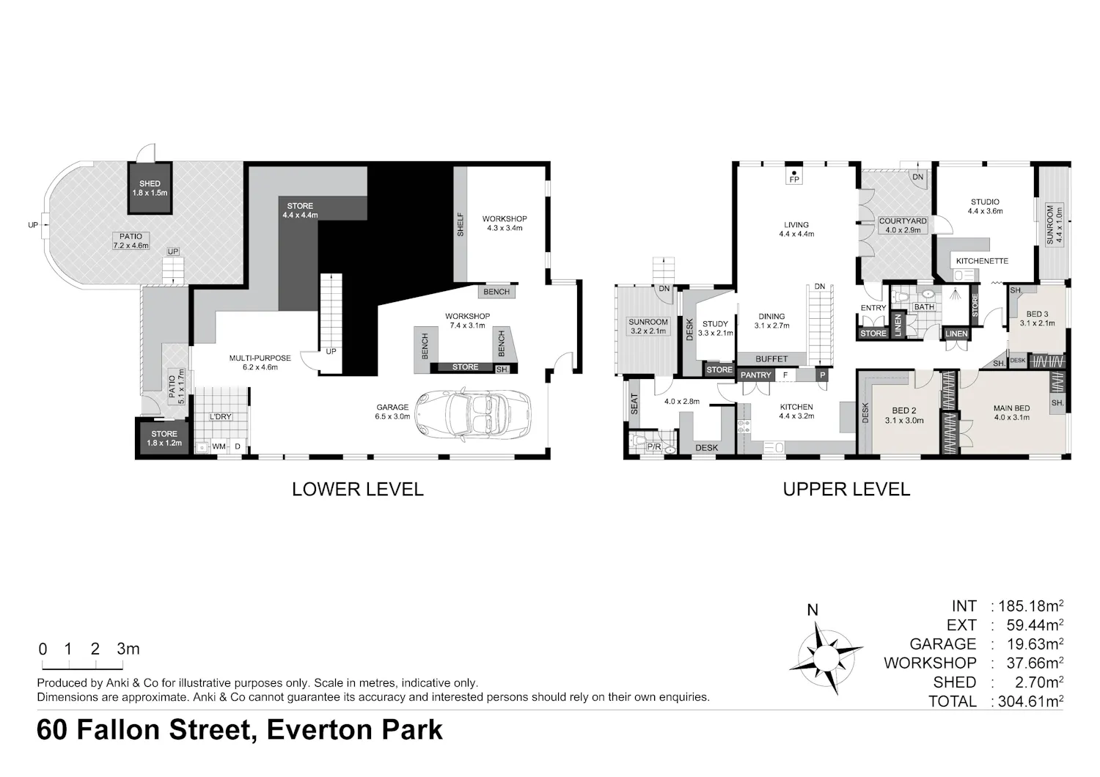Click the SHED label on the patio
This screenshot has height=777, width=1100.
pyautogui.click(x=150, y=183)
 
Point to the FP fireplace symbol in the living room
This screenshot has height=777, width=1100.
pyautogui.click(x=794, y=177)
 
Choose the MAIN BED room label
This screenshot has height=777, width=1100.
pyautogui.click(x=1011, y=408)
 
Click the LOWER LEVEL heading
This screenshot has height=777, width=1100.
pyautogui.click(x=358, y=490)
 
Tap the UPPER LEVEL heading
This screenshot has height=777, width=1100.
pyautogui.click(x=846, y=490)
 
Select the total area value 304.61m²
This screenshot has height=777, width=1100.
pyautogui.click(x=1030, y=701)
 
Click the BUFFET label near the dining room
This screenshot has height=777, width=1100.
pyautogui.click(x=771, y=359)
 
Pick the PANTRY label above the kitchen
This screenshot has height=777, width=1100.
pyautogui.click(x=756, y=375)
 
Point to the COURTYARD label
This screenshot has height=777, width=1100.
pyautogui.click(x=903, y=221)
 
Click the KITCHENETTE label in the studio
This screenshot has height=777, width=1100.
pyautogui.click(x=982, y=261)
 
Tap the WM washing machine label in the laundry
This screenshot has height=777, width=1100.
pyautogui.click(x=219, y=446)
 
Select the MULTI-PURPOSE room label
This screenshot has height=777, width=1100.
pyautogui.click(x=260, y=358)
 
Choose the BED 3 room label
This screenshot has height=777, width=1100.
pyautogui.click(x=1037, y=314)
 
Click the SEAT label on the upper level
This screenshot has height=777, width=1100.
pyautogui.click(x=634, y=403)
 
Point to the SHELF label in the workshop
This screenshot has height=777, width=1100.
pyautogui.click(x=460, y=224)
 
